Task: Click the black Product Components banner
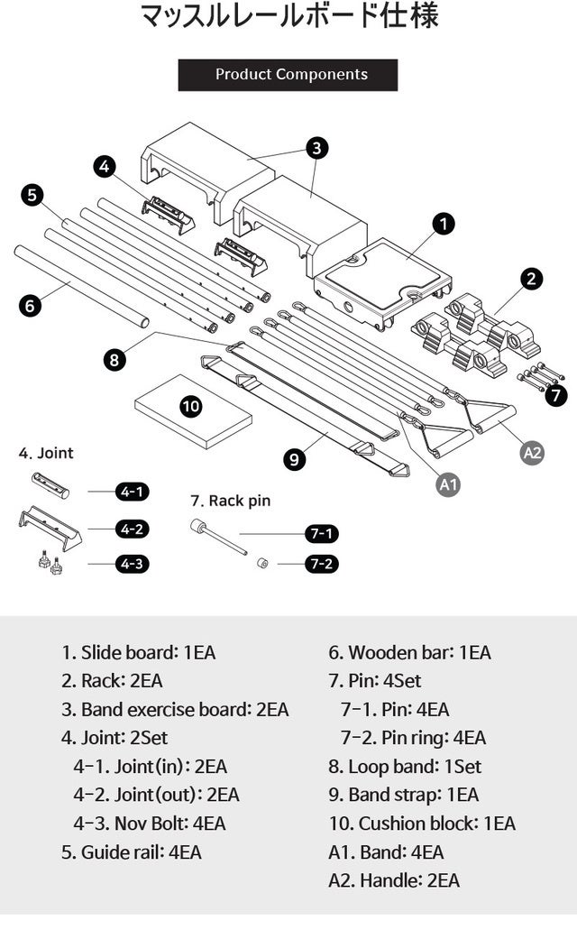pos(288,75)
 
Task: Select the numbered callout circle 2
pos(532,279)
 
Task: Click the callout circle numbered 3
pos(316,147)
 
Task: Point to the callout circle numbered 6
pos(31,306)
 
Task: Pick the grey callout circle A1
pos(448,484)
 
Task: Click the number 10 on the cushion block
pos(191,406)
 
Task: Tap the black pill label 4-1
pos(132,492)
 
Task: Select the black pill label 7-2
pos(321,565)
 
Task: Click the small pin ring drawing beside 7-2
pos(261,564)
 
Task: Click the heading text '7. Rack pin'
pos(230,500)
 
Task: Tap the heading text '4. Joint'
pos(46,453)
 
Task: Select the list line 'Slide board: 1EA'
pos(139,652)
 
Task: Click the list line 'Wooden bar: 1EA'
pos(409,652)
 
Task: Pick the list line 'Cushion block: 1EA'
pos(422,823)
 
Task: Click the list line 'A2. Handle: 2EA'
pos(394,880)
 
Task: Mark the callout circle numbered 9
pos(294,459)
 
